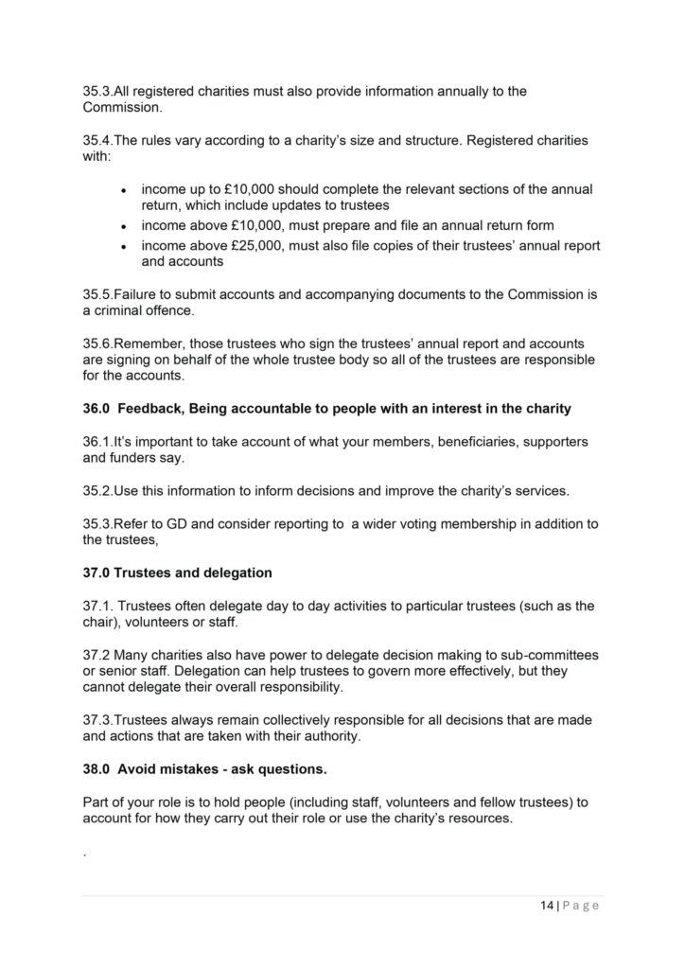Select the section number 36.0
96,409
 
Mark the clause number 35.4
98,141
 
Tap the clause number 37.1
99,606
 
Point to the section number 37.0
96,573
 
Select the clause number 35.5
98,295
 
